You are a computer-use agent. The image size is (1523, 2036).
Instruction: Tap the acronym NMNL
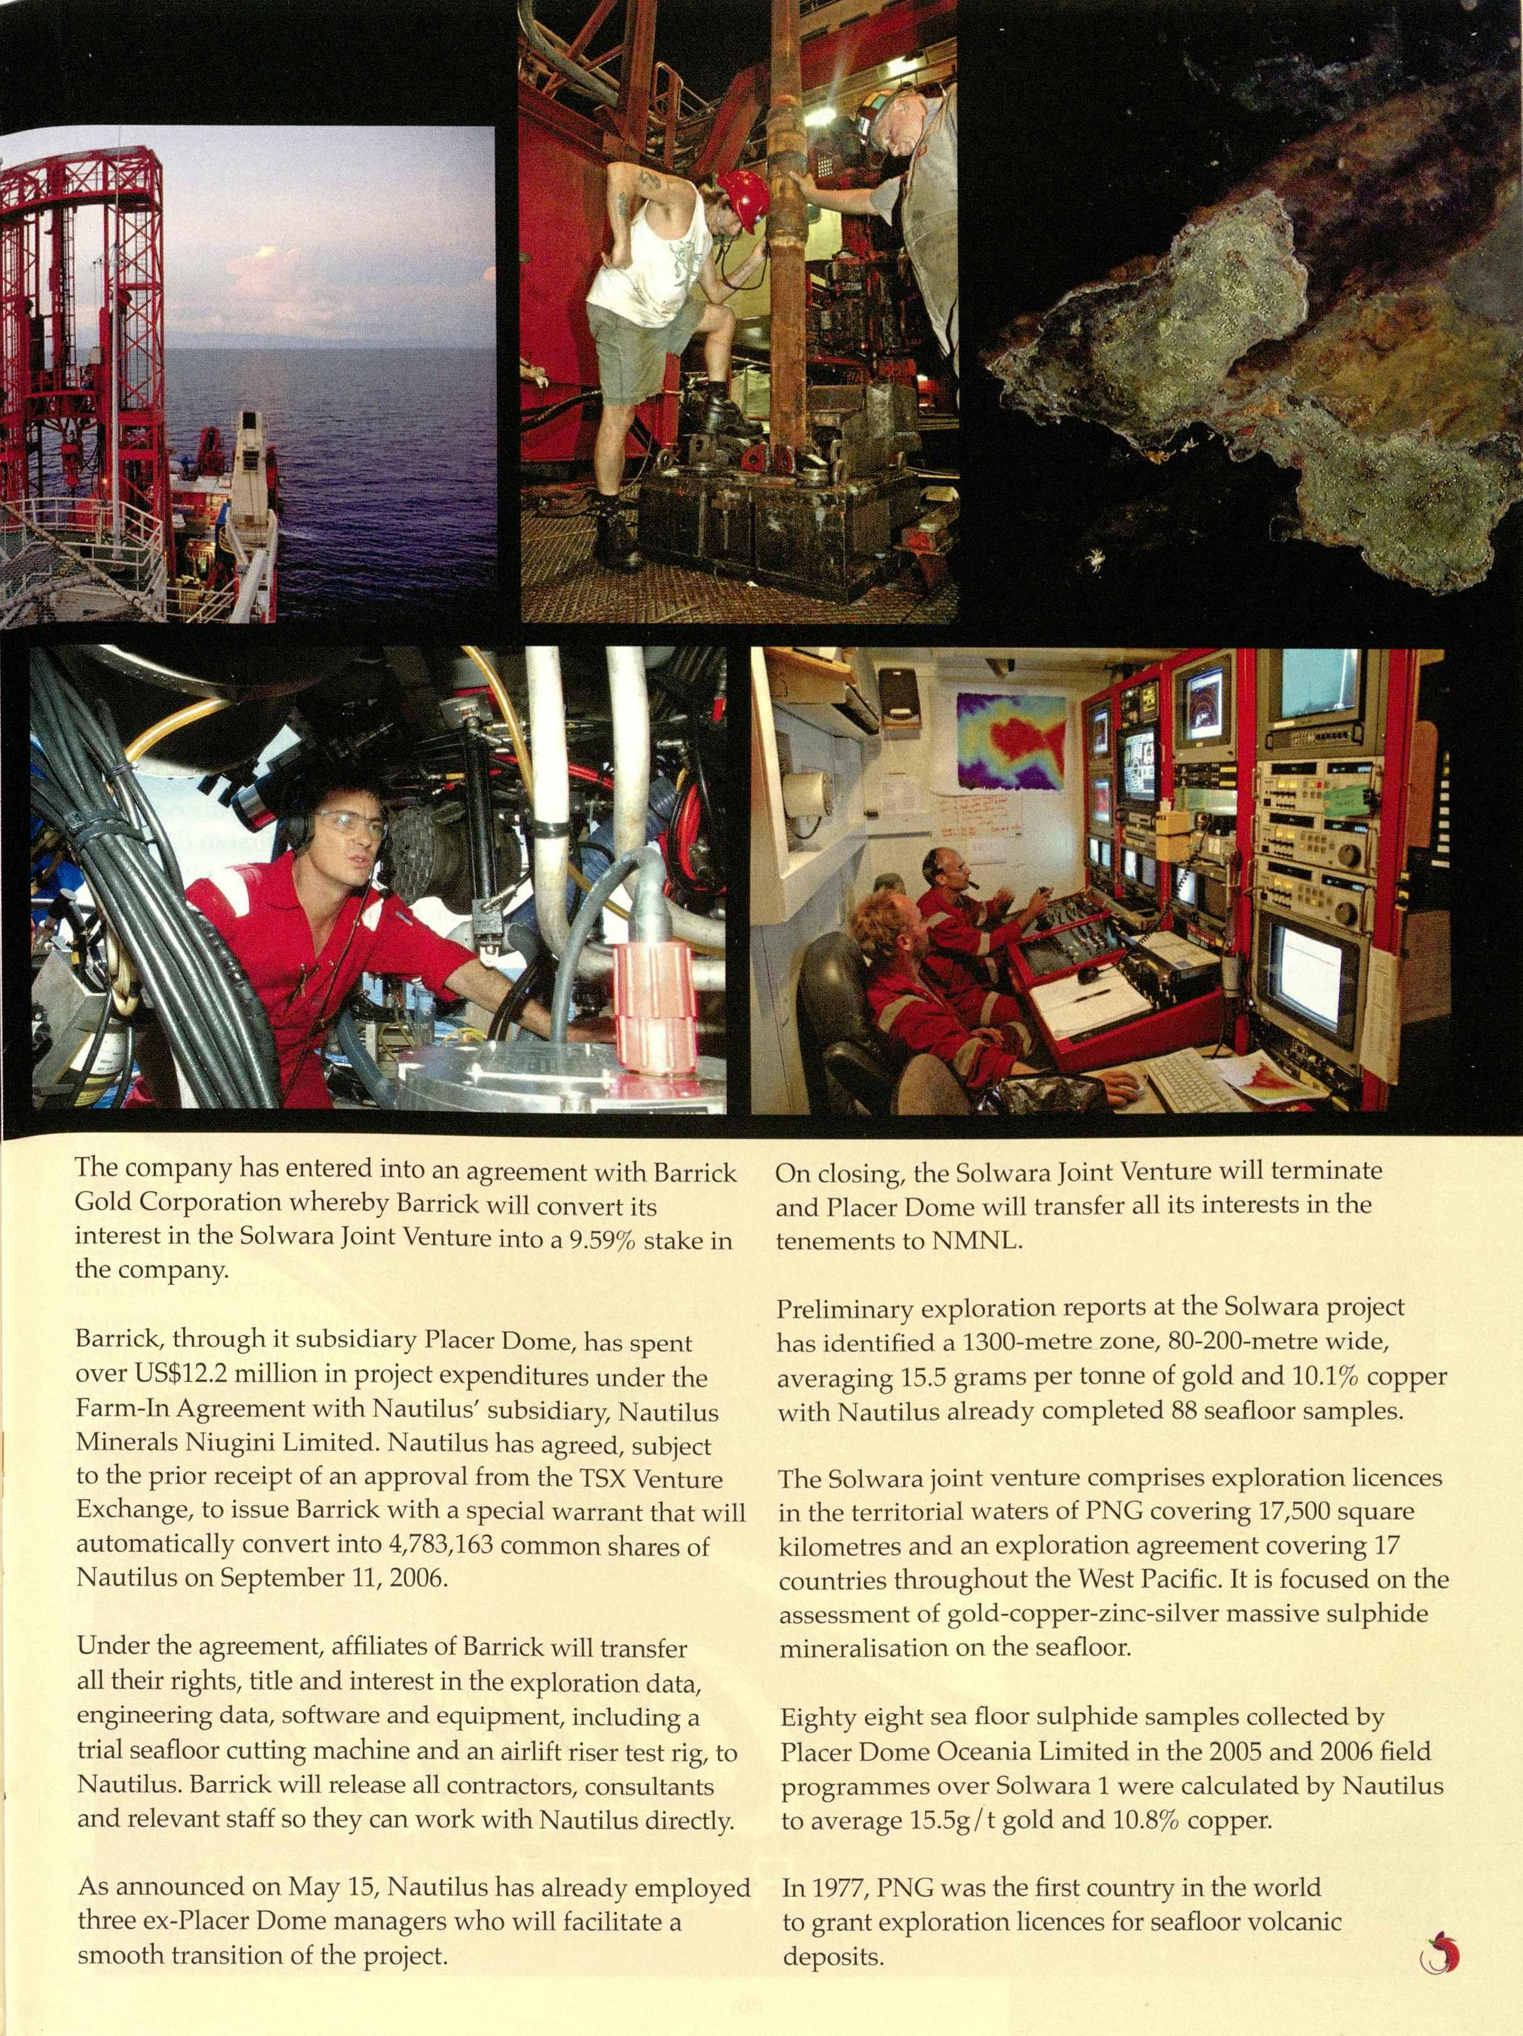[975, 1240]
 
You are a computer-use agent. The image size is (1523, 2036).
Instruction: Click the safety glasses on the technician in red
[353, 824]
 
